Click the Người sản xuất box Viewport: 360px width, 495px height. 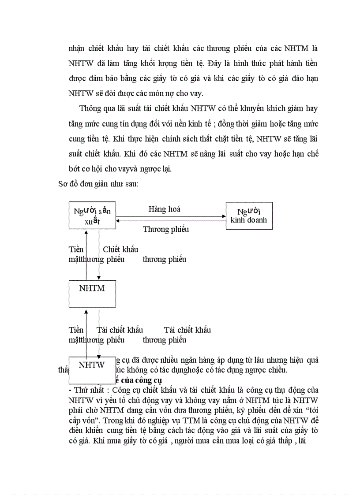pyautogui.click(x=92, y=216)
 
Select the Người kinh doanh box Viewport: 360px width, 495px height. pyautogui.click(x=249, y=216)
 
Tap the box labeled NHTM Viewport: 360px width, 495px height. pyautogui.click(x=92, y=294)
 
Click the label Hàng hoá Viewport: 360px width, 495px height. pyautogui.click(x=164, y=209)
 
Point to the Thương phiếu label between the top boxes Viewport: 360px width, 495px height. pyautogui.click(x=165, y=229)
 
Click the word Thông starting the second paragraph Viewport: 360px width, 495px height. pyautogui.click(x=90, y=109)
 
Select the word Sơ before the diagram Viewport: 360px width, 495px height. pyautogui.click(x=63, y=184)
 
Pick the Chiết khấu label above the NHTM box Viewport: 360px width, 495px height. pyautogui.click(x=120, y=249)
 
